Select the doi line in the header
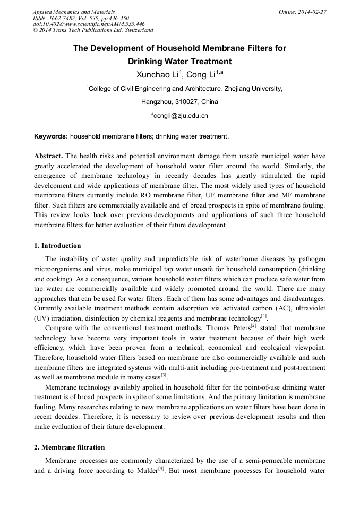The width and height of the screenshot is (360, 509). (x=89, y=24)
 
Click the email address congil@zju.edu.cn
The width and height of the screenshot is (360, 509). (x=180, y=115)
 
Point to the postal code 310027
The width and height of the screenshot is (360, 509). (x=187, y=102)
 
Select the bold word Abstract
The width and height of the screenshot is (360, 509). (x=49, y=156)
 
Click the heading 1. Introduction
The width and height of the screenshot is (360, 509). (x=57, y=246)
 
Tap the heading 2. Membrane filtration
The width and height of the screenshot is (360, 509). (x=70, y=447)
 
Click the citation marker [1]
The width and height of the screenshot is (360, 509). (x=263, y=316)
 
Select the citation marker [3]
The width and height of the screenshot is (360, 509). (x=164, y=375)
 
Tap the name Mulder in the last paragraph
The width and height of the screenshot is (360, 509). (x=143, y=470)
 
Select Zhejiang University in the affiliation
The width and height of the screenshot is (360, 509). (x=254, y=89)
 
